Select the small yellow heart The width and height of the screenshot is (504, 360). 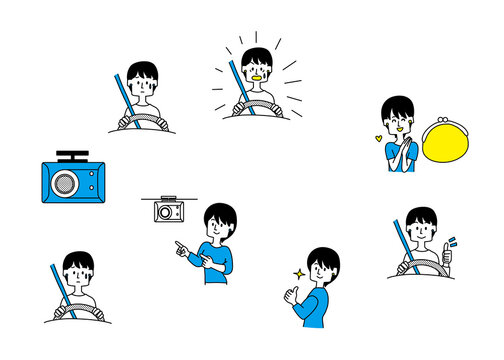click(378, 138)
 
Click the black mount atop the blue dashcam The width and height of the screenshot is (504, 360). click(72, 156)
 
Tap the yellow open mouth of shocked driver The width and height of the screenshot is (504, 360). click(257, 76)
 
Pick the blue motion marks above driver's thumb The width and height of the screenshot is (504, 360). click(452, 241)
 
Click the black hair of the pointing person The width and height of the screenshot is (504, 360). click(219, 213)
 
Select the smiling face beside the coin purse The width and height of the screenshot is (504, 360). click(398, 119)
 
